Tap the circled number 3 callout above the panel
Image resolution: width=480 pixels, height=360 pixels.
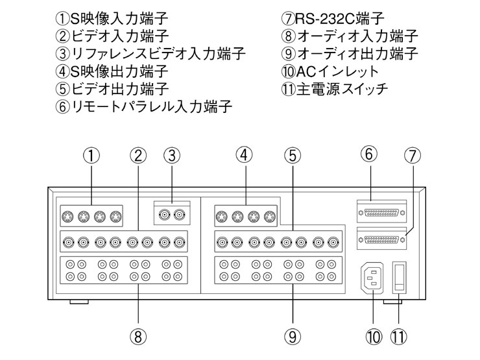[171, 156]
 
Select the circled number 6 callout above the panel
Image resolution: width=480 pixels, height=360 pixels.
[368, 154]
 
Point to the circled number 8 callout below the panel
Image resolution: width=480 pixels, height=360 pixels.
[138, 335]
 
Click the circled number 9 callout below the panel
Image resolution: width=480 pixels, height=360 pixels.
[292, 335]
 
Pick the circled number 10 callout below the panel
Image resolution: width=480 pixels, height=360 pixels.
[374, 335]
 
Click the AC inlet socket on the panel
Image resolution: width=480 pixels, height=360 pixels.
[374, 277]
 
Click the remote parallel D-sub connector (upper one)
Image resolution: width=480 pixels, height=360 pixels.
[381, 211]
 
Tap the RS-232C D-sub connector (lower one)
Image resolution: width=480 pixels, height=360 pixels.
[381, 239]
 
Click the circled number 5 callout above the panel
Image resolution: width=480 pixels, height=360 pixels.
[292, 156]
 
